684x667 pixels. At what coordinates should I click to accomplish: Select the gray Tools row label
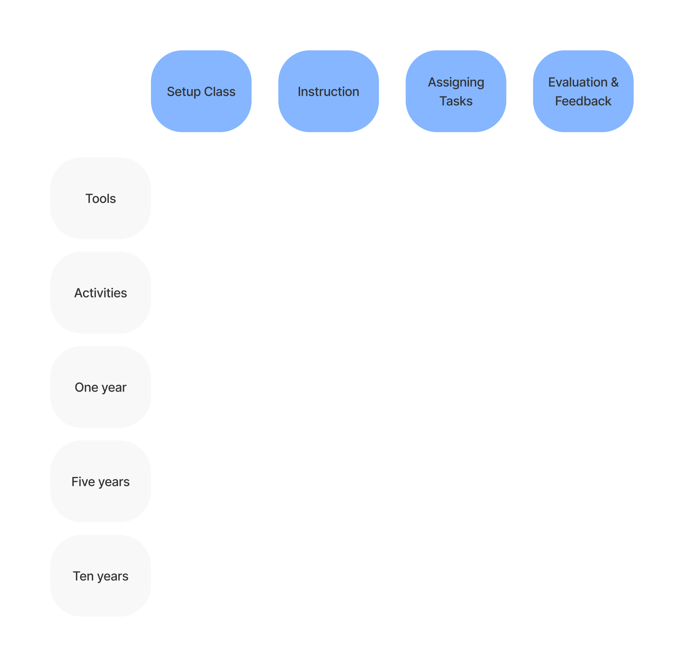[100, 198]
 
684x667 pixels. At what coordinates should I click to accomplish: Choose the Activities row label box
[100, 293]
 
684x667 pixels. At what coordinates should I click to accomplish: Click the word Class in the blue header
[220, 92]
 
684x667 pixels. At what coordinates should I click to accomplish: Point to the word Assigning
[456, 83]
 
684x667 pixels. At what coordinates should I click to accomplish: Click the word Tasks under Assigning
[456, 101]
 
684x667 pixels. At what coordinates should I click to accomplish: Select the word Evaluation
[578, 82]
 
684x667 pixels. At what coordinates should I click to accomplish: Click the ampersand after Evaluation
[615, 82]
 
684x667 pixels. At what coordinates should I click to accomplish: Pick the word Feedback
[583, 101]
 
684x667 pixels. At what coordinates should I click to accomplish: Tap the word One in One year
[86, 387]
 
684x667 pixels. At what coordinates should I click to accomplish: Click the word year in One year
[114, 388]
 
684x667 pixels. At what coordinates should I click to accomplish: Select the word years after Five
[114, 483]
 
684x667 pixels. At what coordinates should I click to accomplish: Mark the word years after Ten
[113, 577]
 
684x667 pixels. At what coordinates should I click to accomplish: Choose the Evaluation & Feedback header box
[583, 91]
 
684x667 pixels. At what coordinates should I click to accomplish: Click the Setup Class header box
[201, 91]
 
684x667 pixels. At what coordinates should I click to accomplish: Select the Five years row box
[100, 481]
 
